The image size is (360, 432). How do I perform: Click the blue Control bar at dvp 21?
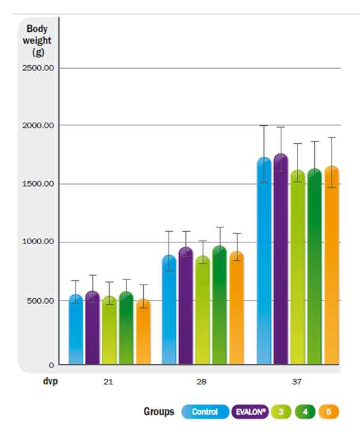pyautogui.click(x=76, y=329)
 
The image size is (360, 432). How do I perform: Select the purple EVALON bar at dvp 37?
pyautogui.click(x=281, y=259)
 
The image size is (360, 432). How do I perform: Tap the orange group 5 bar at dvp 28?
pyautogui.click(x=237, y=308)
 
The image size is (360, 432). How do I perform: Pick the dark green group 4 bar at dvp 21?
pyautogui.click(x=126, y=328)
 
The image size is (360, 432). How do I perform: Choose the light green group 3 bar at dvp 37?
pyautogui.click(x=298, y=267)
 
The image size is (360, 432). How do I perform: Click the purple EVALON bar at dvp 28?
pyautogui.click(x=186, y=306)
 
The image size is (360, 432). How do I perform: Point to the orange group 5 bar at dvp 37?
pyautogui.click(x=331, y=265)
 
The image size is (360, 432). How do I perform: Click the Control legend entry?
pyautogui.click(x=205, y=412)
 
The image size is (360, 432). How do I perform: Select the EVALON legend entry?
pyautogui.click(x=250, y=412)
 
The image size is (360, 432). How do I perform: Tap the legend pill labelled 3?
pyautogui.click(x=281, y=412)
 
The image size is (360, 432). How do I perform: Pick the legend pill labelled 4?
pyautogui.click(x=305, y=412)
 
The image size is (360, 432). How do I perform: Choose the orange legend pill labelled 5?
pyautogui.click(x=328, y=412)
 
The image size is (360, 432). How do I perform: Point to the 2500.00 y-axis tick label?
pyautogui.click(x=38, y=68)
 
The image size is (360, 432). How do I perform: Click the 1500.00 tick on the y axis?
pyautogui.click(x=38, y=183)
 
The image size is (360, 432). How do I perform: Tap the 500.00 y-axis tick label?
pyautogui.click(x=40, y=301)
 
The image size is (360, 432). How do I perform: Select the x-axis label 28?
pyautogui.click(x=201, y=382)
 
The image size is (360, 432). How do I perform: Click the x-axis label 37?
pyautogui.click(x=297, y=382)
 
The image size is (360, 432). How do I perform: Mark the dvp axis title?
pyautogui.click(x=50, y=382)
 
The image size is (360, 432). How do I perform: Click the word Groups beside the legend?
pyautogui.click(x=159, y=412)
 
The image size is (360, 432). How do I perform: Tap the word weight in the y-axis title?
pyautogui.click(x=37, y=40)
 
